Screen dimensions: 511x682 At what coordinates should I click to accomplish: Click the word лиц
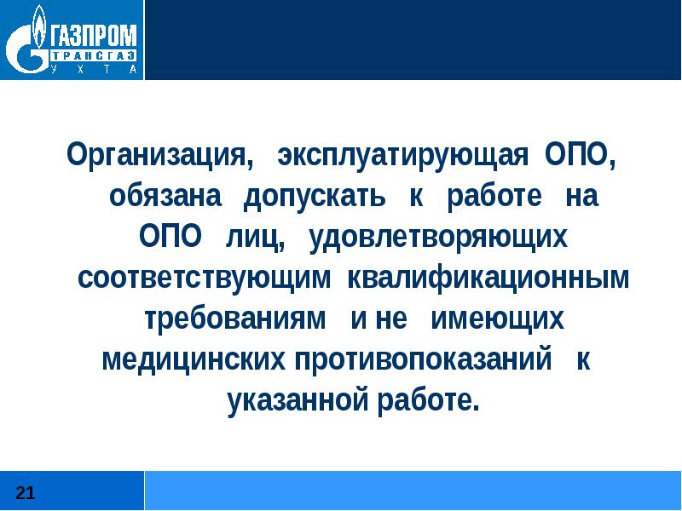point(255,238)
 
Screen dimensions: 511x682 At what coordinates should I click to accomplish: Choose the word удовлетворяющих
point(438,238)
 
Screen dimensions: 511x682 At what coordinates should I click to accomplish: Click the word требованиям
point(234,319)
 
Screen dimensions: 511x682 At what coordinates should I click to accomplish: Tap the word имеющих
point(499,319)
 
